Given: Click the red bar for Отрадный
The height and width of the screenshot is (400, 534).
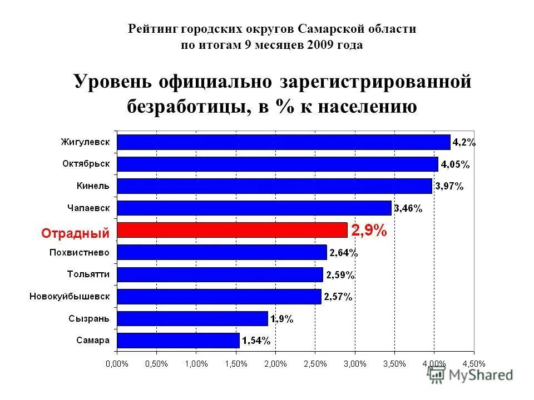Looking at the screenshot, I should coord(231,230).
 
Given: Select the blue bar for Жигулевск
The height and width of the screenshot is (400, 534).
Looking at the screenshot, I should coord(283,142).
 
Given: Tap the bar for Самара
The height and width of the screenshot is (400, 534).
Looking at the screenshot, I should coord(177,340).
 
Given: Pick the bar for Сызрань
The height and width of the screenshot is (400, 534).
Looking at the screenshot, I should coord(192,318).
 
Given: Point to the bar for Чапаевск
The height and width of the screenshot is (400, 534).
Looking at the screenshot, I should coord(254,208).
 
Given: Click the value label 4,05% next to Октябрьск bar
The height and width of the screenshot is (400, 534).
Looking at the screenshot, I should coord(455,164).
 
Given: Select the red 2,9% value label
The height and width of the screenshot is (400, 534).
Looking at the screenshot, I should coord(369,231).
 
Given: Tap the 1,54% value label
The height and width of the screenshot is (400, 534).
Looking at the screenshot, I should coord(256,341).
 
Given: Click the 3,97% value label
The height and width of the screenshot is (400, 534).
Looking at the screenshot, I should coord(449,187).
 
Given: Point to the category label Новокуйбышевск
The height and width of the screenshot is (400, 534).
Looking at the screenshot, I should coord(70,296).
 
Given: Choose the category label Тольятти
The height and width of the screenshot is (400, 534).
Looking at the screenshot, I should coord(88,274).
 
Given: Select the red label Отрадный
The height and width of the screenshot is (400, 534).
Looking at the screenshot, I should coord(76,233).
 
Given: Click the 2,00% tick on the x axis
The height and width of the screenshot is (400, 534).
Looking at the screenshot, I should coord(275,364).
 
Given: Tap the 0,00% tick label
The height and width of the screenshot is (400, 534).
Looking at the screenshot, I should coord(117,364).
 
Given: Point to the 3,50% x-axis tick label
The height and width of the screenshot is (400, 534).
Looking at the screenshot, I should coord(394,364).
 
